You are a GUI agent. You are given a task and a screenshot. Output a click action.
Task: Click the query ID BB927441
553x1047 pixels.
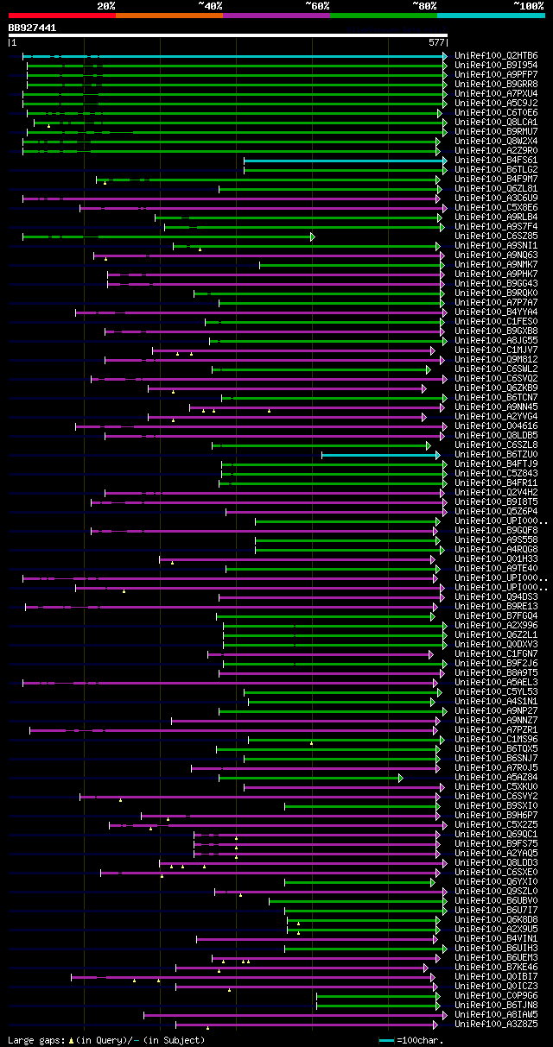tap(32, 28)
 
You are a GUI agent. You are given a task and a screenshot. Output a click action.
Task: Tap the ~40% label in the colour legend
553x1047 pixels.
tap(210, 6)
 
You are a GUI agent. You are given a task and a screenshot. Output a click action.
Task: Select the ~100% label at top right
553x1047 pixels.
tap(528, 6)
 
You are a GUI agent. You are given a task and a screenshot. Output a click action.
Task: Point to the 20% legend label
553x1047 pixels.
tap(106, 6)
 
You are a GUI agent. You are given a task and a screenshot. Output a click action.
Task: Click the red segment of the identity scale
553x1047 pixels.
tap(61, 16)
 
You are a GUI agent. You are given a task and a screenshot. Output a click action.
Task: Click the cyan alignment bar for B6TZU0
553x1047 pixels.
tap(380, 455)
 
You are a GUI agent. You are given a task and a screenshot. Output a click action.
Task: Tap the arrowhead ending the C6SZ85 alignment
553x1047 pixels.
tap(313, 237)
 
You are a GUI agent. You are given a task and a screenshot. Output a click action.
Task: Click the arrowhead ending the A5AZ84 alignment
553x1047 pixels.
tap(401, 778)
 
